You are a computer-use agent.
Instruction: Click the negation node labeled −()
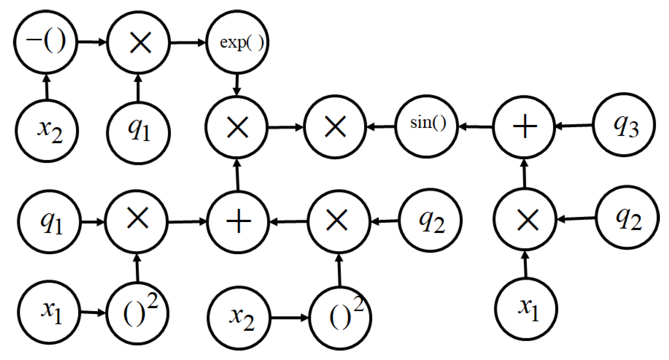(46, 42)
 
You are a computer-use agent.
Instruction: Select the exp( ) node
(237, 42)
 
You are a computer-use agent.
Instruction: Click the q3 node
(624, 125)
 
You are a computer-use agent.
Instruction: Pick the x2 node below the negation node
(47, 131)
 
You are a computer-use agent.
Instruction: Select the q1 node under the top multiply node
(138, 133)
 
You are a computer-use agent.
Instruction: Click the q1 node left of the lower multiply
(49, 222)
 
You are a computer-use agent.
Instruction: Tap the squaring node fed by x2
(340, 318)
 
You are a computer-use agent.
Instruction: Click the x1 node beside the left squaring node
(49, 312)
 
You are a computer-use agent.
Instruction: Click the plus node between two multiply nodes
(238, 222)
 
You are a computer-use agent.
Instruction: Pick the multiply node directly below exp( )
(237, 127)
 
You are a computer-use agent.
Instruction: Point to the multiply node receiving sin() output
(335, 127)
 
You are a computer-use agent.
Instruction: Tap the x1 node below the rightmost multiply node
(526, 309)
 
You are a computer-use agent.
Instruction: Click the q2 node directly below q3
(627, 217)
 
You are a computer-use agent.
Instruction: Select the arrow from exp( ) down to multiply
(237, 84)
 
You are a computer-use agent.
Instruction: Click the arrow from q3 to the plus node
(574, 125)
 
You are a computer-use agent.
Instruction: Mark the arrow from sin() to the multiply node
(381, 126)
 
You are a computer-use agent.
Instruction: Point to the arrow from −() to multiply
(92, 42)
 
